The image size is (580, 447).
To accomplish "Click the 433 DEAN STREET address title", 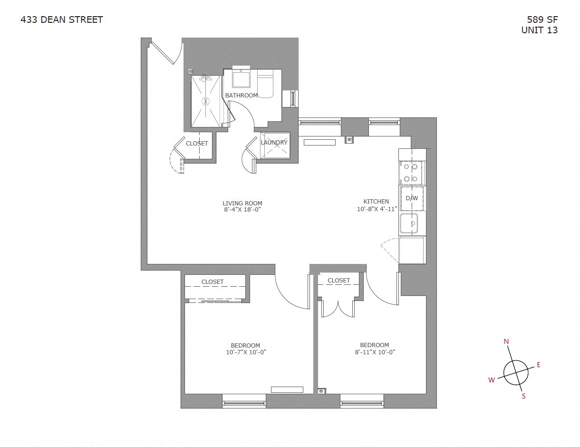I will coord(62,19).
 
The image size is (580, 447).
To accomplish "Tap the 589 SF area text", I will coord(542,19).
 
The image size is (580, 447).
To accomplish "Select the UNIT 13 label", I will coord(539,30).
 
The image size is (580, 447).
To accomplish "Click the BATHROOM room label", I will coord(242,96).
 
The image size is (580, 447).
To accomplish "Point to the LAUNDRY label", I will coord(274,142).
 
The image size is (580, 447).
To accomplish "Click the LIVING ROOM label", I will coord(242,203).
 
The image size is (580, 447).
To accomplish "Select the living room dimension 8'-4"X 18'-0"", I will coord(242,209).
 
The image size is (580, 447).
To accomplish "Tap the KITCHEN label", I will coord(376,202).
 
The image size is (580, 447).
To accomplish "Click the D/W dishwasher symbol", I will coord(412,198).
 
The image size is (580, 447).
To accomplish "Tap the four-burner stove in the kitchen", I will coord(411,173).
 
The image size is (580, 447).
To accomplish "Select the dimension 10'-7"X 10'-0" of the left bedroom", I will coord(246,352).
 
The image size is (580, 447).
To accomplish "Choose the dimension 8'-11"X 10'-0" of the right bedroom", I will coord(375,352).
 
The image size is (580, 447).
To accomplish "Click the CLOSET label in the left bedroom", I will coord(212,282).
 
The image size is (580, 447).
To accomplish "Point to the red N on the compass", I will coord(506,341).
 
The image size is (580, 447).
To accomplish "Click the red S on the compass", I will coord(523,396).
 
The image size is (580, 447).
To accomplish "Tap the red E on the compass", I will coord(539,365).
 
